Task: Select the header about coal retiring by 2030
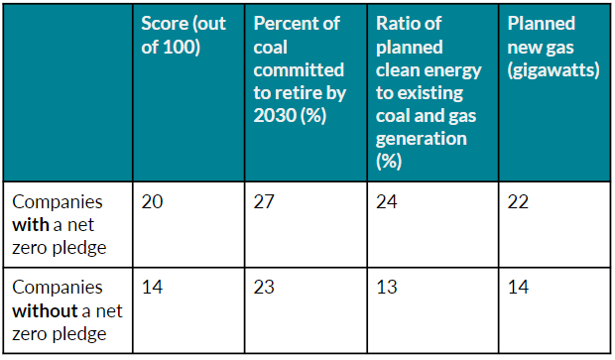point(300,71)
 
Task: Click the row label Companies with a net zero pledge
point(60,223)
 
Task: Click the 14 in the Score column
point(152,288)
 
